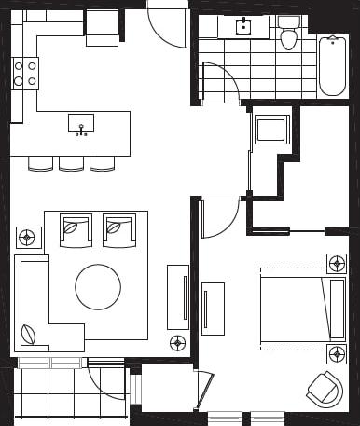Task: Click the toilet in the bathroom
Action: coord(288,34)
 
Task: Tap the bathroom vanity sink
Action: coord(243,27)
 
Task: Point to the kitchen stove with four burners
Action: coord(26,74)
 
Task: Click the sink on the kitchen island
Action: coord(81,124)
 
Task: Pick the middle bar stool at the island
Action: coord(72,163)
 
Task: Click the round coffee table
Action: coord(98,286)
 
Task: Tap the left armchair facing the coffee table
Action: coord(75,229)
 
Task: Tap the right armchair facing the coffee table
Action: coord(118,229)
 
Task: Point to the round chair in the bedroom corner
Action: coord(325,389)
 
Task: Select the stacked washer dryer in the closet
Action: coord(271,130)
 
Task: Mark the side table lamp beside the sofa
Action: coord(28,237)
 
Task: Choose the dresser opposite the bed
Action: coord(213,308)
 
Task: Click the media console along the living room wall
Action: coord(177,296)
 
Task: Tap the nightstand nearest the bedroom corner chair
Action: coord(337,354)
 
